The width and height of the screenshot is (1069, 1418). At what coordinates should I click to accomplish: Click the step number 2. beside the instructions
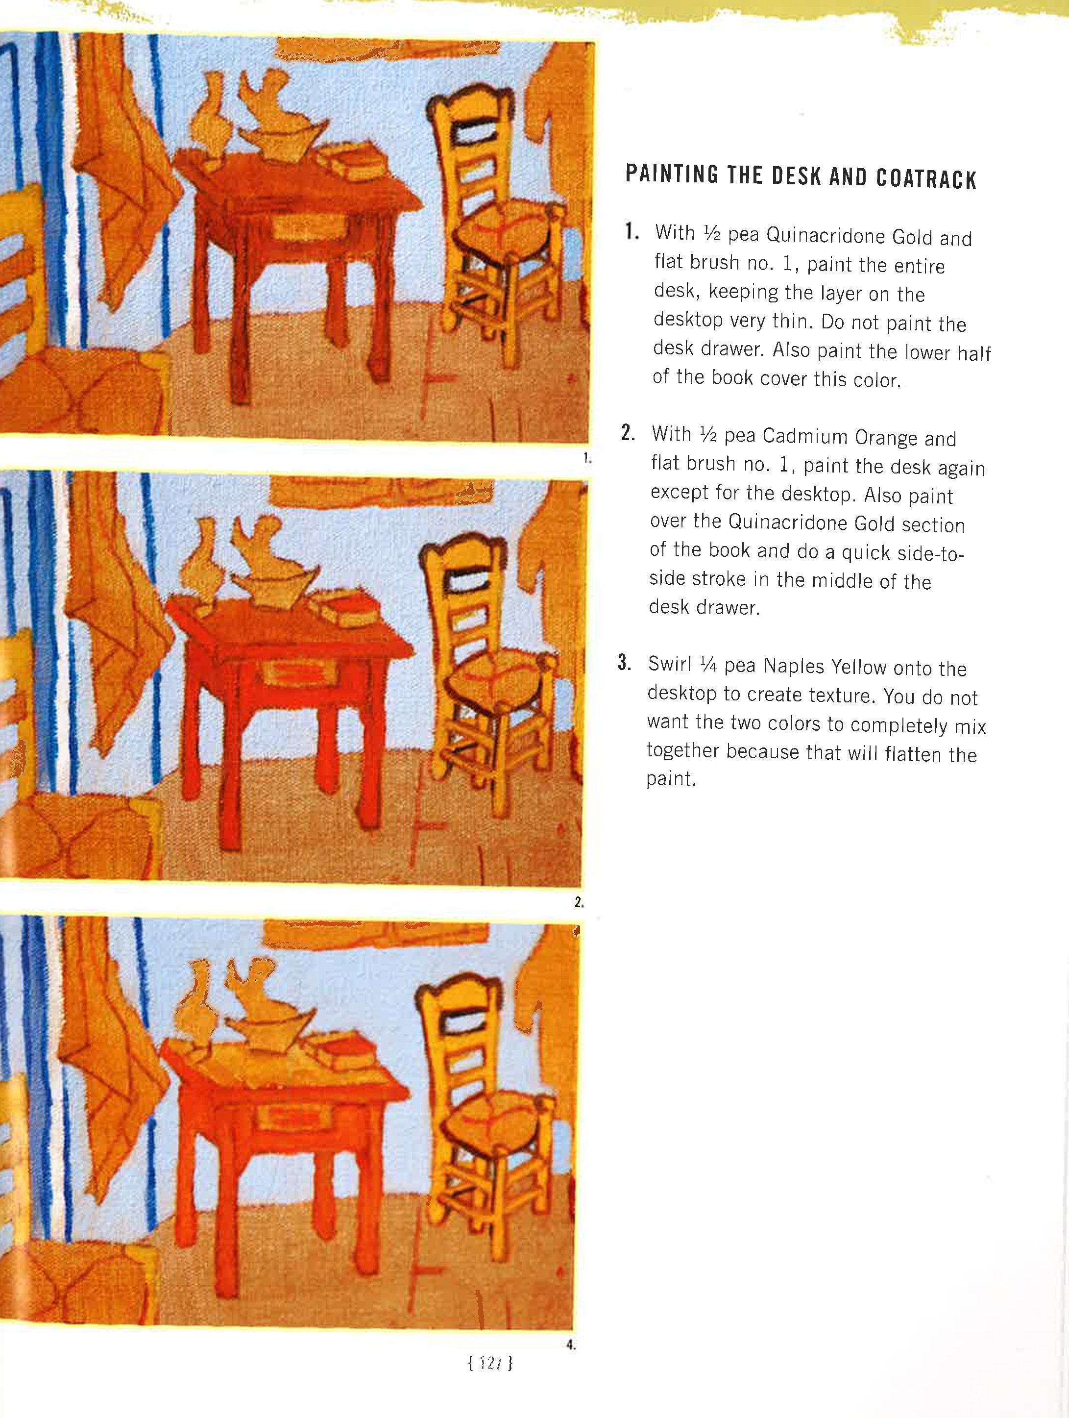pyautogui.click(x=628, y=434)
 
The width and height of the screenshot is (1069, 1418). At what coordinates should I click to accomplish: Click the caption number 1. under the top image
pyautogui.click(x=586, y=458)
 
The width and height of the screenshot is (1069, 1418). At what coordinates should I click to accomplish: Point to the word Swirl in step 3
pyautogui.click(x=670, y=664)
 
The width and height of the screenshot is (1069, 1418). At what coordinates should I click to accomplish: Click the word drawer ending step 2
pyautogui.click(x=728, y=606)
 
